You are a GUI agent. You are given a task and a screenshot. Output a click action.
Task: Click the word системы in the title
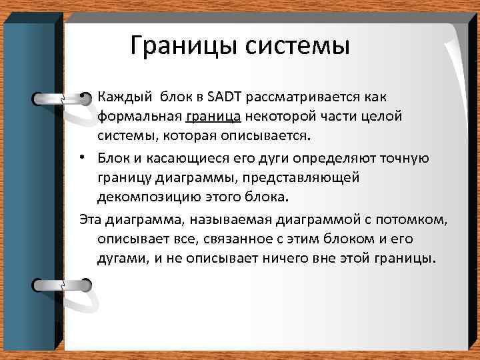coord(293,46)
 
